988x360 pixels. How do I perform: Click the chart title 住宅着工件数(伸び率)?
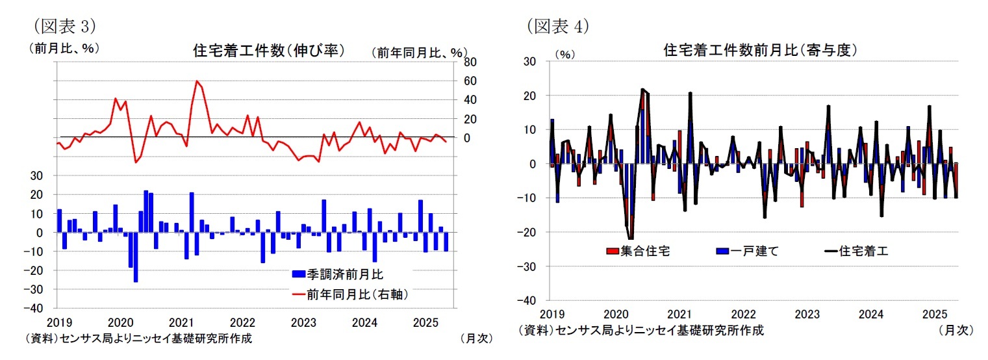point(268,50)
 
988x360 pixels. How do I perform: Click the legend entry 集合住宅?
point(639,251)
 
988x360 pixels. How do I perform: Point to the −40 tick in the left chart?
point(40,308)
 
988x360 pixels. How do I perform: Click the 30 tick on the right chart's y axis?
point(529,62)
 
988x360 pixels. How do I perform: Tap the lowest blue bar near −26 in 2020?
point(136,257)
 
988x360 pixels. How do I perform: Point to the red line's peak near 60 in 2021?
point(196,81)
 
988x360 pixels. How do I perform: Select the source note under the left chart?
point(138,338)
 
